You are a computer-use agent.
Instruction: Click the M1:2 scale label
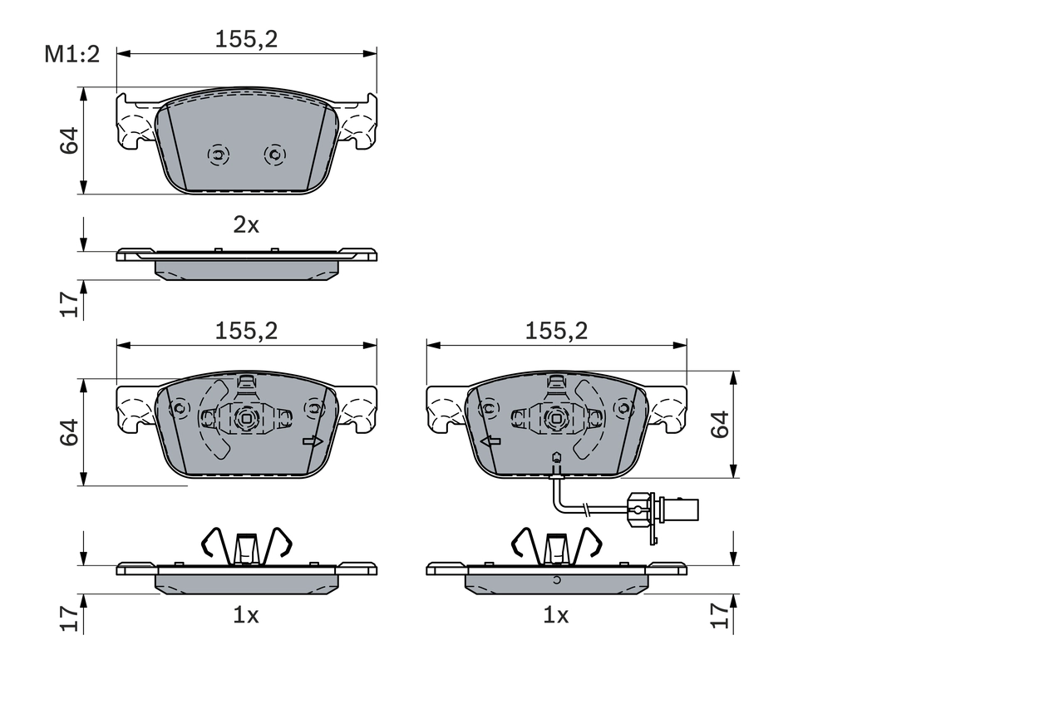click(71, 56)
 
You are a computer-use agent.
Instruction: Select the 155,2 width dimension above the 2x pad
click(246, 38)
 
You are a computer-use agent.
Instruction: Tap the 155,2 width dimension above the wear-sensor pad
click(556, 331)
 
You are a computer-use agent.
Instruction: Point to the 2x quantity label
click(246, 224)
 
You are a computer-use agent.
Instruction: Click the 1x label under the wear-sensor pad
click(555, 615)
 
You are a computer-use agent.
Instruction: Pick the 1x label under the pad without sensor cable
click(246, 615)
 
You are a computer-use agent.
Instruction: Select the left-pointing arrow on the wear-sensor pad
click(490, 441)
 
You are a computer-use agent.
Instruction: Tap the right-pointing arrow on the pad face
click(313, 441)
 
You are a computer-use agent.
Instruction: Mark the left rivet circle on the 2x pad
click(218, 155)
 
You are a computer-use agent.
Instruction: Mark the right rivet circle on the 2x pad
click(273, 155)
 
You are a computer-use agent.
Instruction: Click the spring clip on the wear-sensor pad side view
click(556, 545)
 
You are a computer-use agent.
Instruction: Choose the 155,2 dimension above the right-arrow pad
click(246, 331)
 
